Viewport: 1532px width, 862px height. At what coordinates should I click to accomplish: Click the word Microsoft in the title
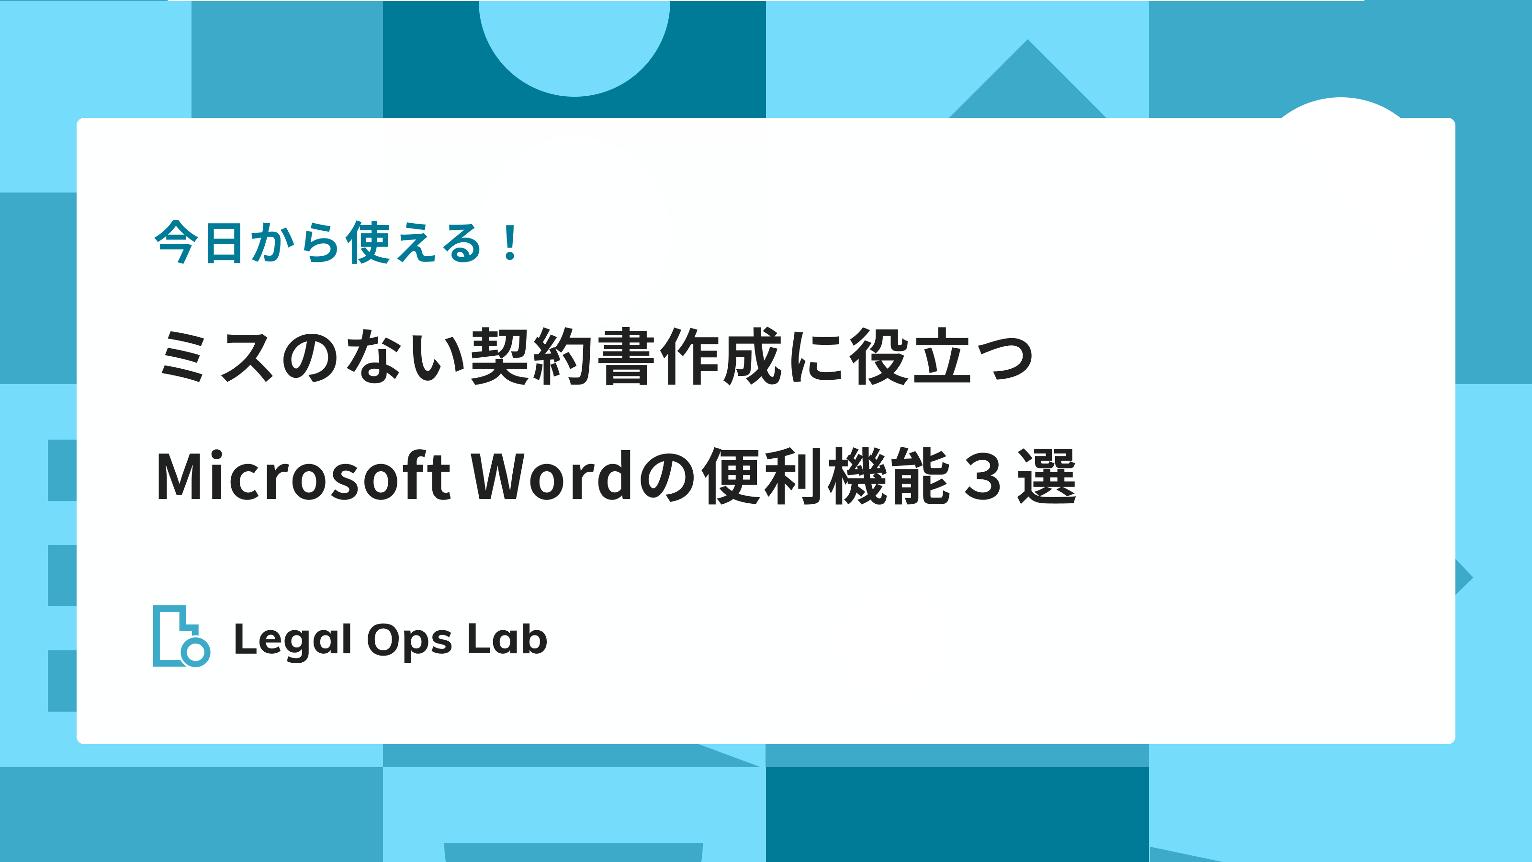(304, 476)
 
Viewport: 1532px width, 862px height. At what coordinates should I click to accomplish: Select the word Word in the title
(552, 476)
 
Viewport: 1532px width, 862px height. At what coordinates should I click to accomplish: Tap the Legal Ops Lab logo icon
(181, 636)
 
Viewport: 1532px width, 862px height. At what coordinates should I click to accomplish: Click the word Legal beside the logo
(293, 641)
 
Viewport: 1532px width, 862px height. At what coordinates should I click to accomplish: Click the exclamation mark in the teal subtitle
(510, 242)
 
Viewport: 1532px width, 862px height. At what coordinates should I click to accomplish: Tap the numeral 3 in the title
(982, 476)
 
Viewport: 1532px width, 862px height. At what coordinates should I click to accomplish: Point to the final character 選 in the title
(1047, 476)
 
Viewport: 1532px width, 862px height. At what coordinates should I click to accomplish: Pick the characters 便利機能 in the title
(825, 476)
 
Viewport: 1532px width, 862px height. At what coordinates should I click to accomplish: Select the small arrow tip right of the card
(1473, 577)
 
